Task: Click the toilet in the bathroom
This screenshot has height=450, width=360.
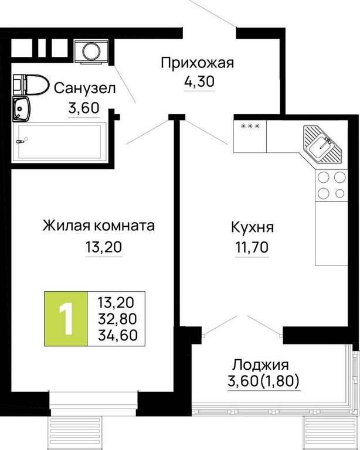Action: click(30, 84)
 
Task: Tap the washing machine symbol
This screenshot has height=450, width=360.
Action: click(91, 51)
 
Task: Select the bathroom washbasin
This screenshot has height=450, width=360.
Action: click(21, 109)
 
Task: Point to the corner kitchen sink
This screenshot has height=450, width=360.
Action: click(323, 144)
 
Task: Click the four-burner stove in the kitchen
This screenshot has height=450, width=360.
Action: click(331, 185)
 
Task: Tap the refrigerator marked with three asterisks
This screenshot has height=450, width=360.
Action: click(250, 136)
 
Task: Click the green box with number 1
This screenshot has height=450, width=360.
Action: click(66, 319)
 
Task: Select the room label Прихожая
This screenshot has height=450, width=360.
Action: click(197, 63)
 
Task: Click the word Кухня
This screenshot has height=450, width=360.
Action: click(252, 227)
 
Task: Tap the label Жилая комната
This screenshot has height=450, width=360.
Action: click(99, 226)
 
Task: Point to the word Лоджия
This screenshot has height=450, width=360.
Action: click(261, 365)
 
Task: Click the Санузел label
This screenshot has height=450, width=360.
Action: click(84, 88)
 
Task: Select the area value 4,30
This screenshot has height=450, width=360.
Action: click(199, 81)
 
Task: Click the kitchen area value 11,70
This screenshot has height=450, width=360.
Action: click(252, 247)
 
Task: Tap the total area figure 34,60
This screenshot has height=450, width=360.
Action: click(118, 335)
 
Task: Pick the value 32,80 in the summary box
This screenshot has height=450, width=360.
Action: click(117, 319)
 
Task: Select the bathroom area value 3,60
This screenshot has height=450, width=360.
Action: click(84, 108)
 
